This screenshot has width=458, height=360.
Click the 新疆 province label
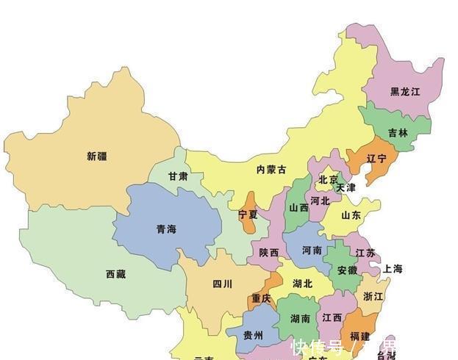pyautogui.click(x=96, y=156)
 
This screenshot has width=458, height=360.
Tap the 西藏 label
pyautogui.click(x=115, y=274)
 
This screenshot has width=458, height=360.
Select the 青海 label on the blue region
pyautogui.click(x=166, y=229)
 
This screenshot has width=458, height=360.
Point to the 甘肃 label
pyautogui.click(x=177, y=176)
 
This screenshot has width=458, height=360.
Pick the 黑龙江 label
pyautogui.click(x=405, y=92)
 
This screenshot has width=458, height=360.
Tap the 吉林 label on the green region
pyautogui.click(x=398, y=133)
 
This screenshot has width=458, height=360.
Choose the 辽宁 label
pyautogui.click(x=376, y=158)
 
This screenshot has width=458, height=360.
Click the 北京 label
pyautogui.click(x=329, y=180)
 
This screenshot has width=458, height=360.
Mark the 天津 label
pyautogui.click(x=346, y=188)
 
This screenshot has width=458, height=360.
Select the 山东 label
pyautogui.click(x=351, y=215)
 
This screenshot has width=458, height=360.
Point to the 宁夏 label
pyautogui.click(x=248, y=215)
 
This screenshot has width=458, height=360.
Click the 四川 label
pyautogui.click(x=222, y=284)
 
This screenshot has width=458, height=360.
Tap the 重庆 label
pyautogui.click(x=261, y=298)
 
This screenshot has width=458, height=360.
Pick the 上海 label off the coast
pyautogui.click(x=392, y=269)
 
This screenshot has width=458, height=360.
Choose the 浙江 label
pyautogui.click(x=373, y=296)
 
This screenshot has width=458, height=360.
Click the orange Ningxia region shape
pyautogui.click(x=251, y=201)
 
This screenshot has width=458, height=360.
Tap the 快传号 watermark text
pyautogui.click(x=318, y=346)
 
